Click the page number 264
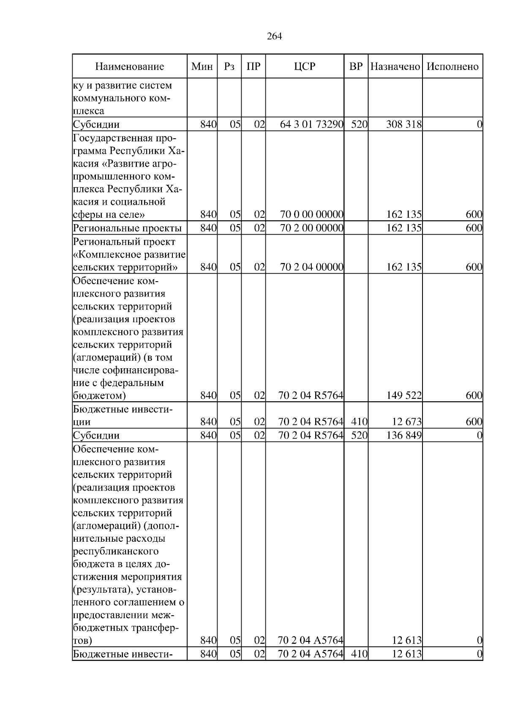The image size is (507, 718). point(274,36)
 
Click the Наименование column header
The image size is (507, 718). point(129,66)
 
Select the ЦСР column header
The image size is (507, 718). point(305,66)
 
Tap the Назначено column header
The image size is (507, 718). point(395,66)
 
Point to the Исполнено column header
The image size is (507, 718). point(452,66)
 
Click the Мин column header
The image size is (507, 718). point(202,66)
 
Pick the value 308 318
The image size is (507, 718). point(403,124)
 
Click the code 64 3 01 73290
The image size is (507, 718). point(311,124)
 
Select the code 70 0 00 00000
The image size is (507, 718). point(311,215)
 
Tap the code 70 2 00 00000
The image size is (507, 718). point(311,228)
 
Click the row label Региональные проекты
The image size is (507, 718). point(127,228)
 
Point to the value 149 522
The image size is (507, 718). point(403,396)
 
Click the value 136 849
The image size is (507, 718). point(403,435)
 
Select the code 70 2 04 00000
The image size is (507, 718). point(311,267)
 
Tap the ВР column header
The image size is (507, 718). point(356,66)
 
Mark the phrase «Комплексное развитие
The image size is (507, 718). point(129,255)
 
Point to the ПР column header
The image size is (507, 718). point(253,66)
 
